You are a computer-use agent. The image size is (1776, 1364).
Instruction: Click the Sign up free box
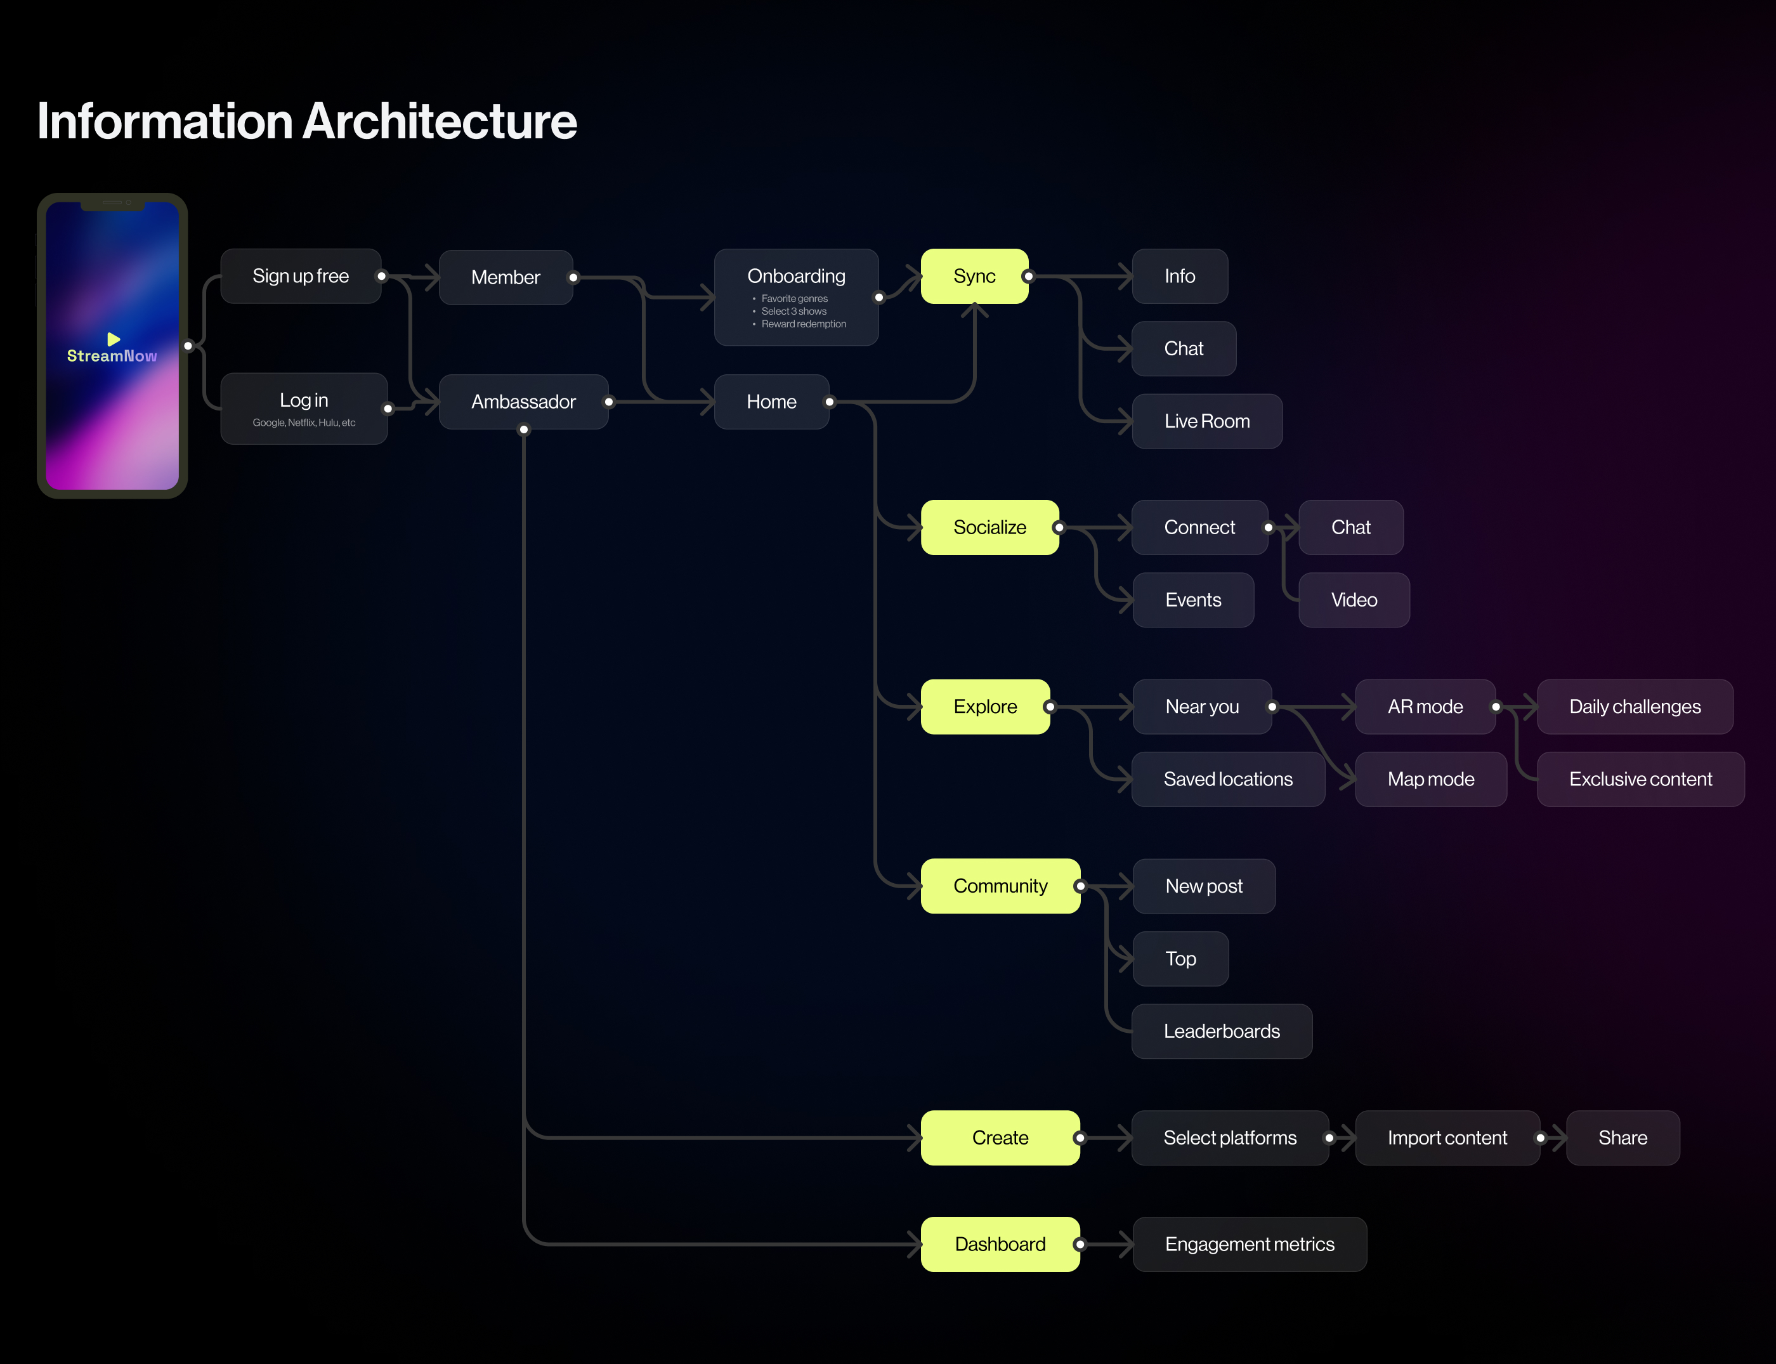300,276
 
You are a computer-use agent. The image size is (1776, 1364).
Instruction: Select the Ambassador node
523,402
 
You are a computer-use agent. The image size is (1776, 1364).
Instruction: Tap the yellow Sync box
974,276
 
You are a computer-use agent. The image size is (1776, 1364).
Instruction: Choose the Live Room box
1207,421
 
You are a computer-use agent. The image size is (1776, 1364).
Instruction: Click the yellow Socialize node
989,528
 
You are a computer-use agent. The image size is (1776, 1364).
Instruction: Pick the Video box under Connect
1354,600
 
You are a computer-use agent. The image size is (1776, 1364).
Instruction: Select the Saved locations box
1228,780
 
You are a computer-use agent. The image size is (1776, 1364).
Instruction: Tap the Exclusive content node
1640,780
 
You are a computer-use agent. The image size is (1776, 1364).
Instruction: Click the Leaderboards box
1222,1031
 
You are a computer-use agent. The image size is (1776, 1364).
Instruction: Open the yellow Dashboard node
1000,1244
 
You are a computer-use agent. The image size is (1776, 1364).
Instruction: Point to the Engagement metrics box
1249,1244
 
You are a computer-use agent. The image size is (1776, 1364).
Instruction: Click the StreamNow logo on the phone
112,350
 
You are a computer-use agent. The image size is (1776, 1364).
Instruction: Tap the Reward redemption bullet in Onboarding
804,324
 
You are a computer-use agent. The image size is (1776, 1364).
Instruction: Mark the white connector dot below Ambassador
523,430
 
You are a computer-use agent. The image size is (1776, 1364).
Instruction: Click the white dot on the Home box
830,402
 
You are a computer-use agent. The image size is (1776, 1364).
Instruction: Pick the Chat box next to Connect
1350,528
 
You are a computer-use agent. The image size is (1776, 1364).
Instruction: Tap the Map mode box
1430,780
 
